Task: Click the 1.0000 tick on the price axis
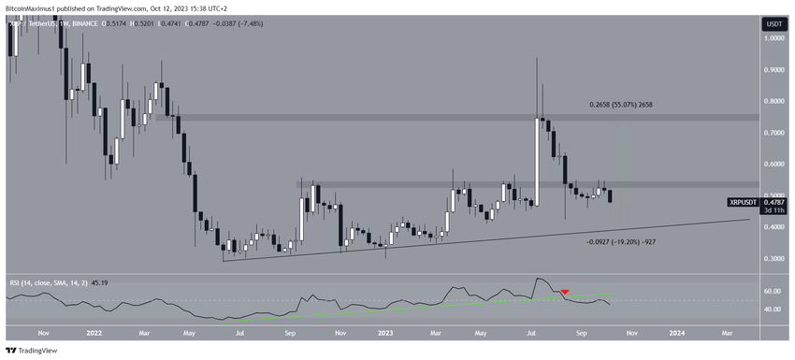773,38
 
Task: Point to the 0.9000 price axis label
773,69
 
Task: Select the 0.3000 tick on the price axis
773,258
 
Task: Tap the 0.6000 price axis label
773,164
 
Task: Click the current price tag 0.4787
774,201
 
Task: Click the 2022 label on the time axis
94,331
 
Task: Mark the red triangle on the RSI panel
565,293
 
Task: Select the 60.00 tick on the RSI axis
773,291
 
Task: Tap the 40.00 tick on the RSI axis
773,309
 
